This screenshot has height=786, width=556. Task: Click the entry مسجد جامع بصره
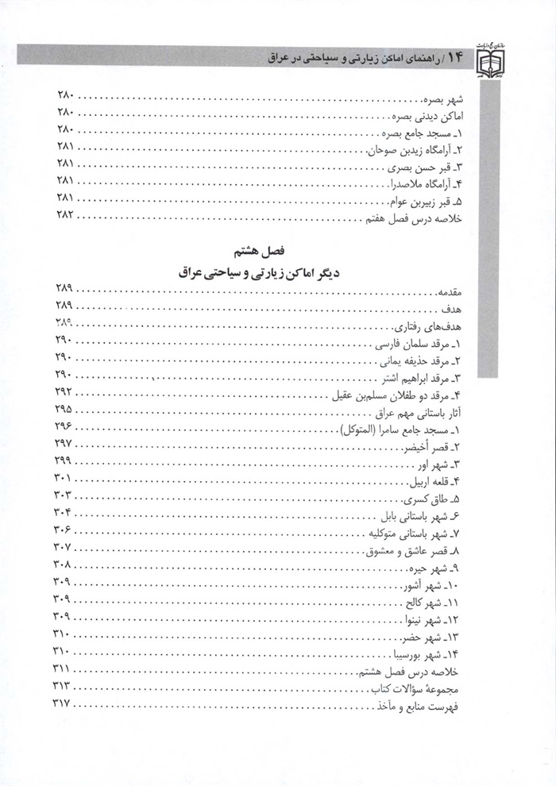pyautogui.click(x=437, y=131)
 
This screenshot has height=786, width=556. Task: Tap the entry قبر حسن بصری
pyautogui.click(x=446, y=165)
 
